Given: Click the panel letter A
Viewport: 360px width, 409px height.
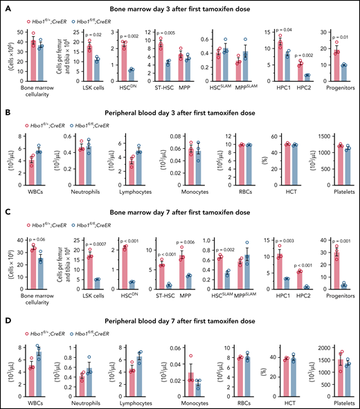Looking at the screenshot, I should click(x=6, y=6).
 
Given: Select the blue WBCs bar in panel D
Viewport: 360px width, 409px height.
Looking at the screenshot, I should click(x=39, y=367).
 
